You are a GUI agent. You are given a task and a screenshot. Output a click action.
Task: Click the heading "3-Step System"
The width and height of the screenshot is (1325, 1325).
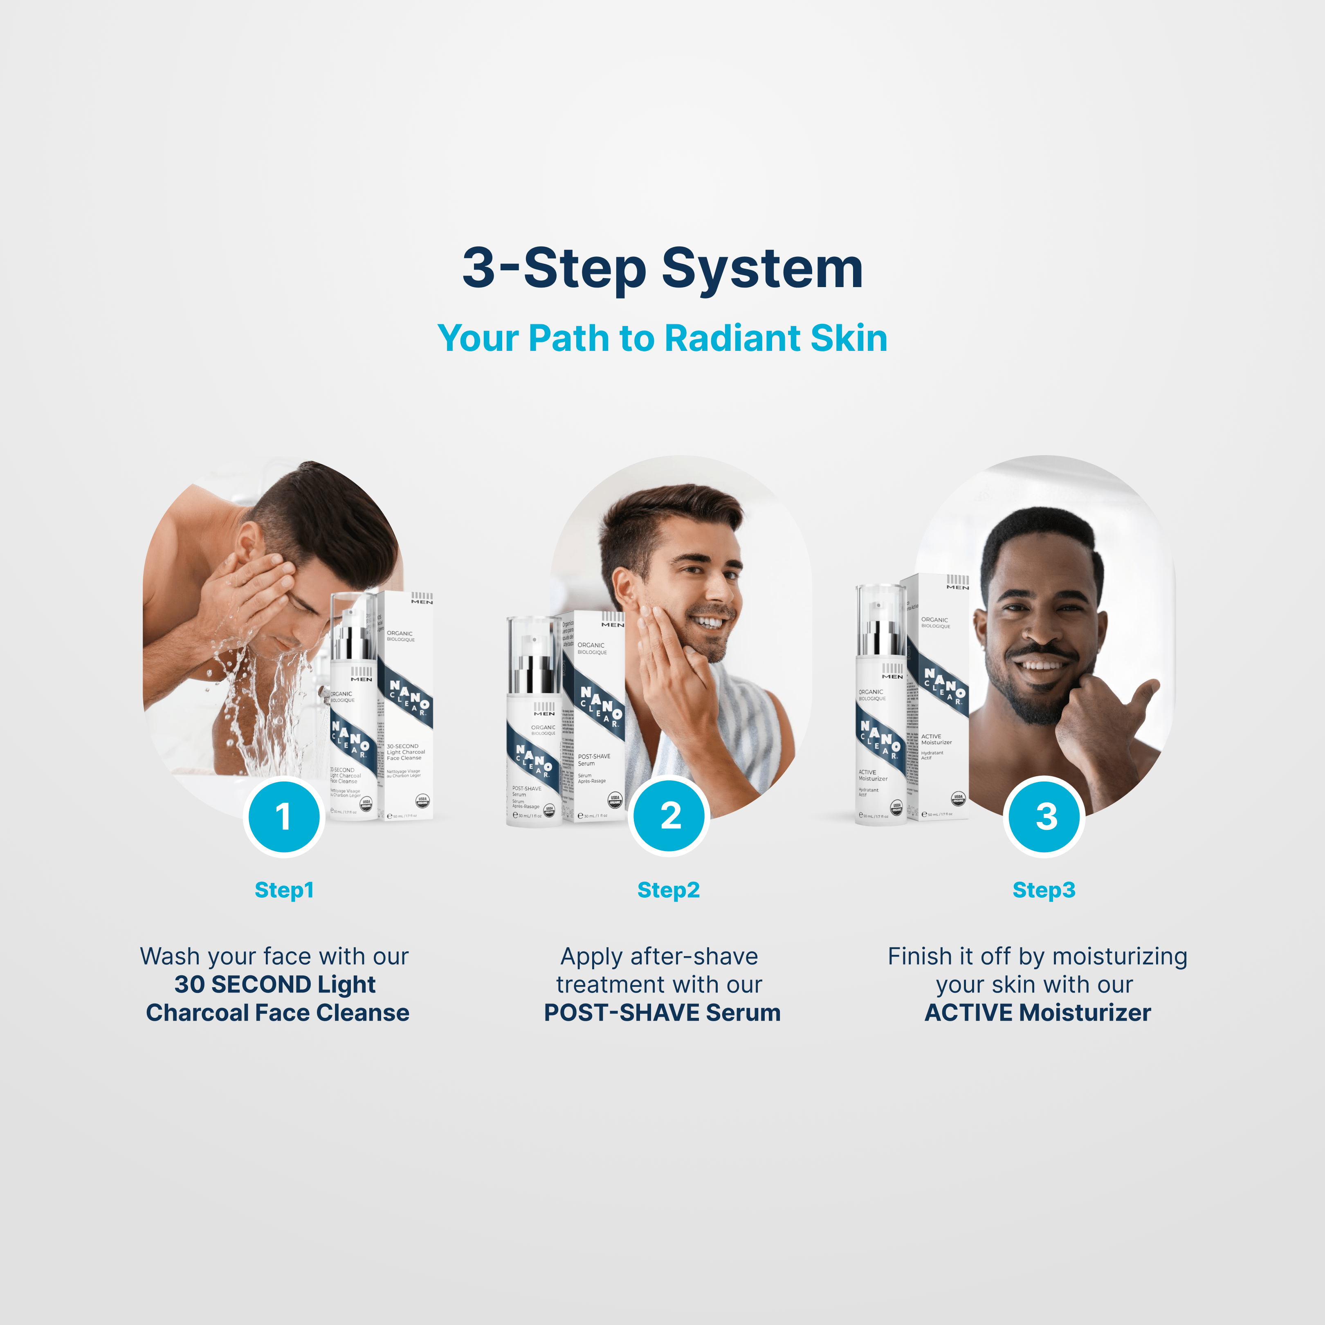[662, 268]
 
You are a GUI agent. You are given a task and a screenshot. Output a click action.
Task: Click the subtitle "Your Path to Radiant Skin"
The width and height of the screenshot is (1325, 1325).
[662, 338]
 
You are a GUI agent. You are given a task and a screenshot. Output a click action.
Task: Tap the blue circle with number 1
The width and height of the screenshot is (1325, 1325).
[283, 816]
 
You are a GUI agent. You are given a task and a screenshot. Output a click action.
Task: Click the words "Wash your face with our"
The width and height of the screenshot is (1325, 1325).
[274, 956]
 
